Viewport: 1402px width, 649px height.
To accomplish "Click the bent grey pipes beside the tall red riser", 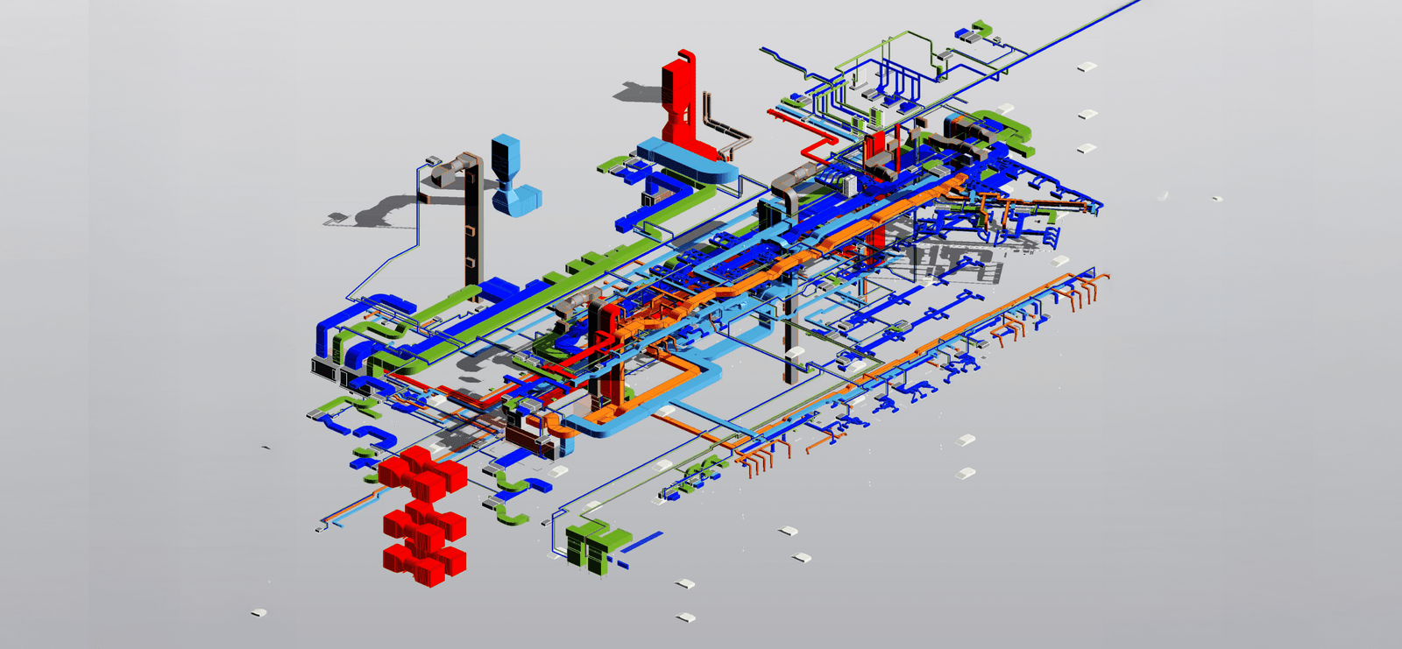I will (x=727, y=131).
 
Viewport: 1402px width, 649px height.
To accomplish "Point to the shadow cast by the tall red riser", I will (x=640, y=90).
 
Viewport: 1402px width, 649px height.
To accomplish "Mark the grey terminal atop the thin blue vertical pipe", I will (x=433, y=160).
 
